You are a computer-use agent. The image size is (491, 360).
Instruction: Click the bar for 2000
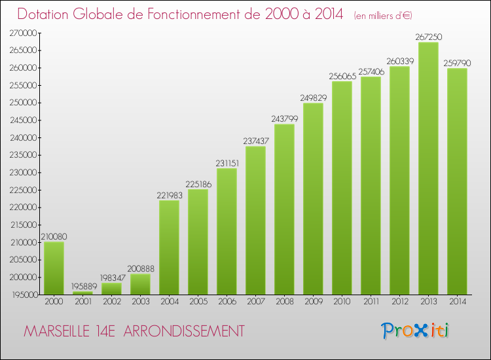(54, 268)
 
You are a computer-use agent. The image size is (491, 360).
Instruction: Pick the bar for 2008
(284, 209)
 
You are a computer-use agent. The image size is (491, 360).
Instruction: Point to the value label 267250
(428, 37)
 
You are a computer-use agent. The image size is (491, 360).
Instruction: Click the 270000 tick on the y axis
(23, 33)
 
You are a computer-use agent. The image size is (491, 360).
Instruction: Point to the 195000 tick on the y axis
(23, 295)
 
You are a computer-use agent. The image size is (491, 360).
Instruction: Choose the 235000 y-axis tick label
(23, 155)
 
